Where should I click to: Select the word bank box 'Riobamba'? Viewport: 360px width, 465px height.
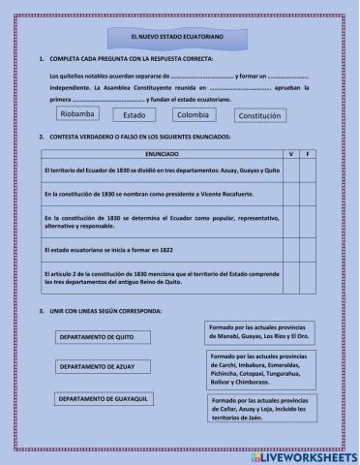[76, 113]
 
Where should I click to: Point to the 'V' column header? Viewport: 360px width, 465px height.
[290, 154]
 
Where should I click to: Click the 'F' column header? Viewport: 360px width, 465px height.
[307, 154]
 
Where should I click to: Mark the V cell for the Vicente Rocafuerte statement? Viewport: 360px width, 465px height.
[290, 195]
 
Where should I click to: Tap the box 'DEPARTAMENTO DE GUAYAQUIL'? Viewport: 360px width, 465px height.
[103, 400]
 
